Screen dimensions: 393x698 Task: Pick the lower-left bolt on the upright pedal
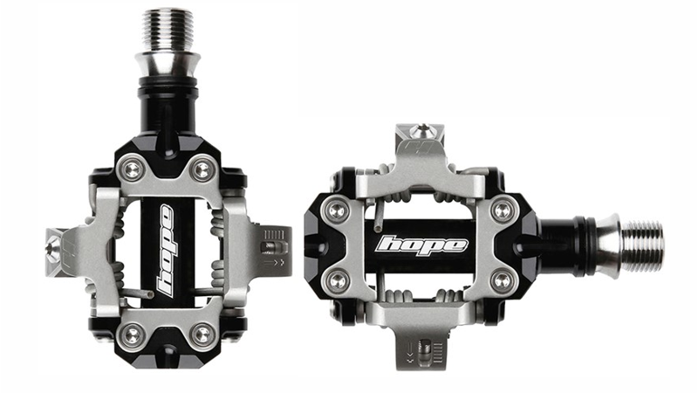tap(131, 332)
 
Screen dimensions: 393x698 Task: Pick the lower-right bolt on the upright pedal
tap(202, 332)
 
